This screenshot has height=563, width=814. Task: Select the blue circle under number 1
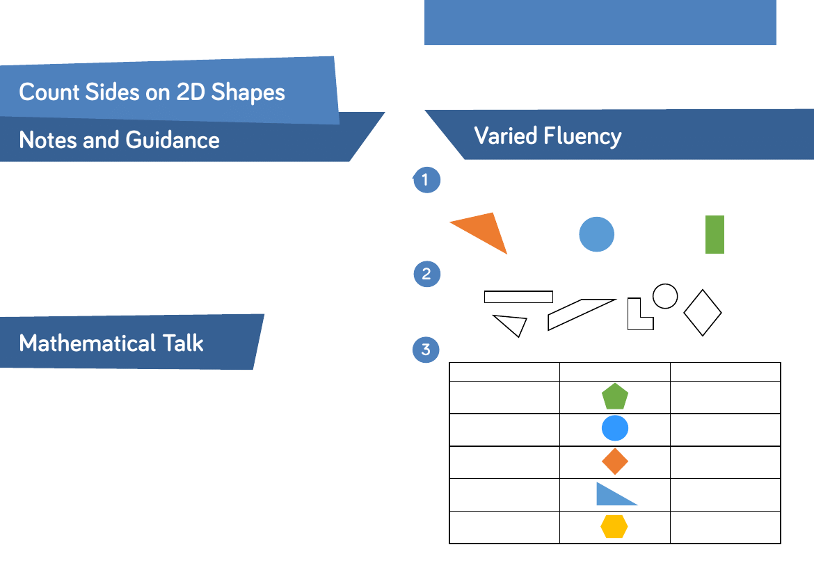click(x=597, y=234)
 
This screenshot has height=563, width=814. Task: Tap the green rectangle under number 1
click(x=715, y=234)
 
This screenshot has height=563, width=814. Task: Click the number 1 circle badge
click(x=426, y=181)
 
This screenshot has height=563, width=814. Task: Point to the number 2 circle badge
click(x=426, y=275)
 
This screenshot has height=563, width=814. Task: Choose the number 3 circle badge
click(x=426, y=350)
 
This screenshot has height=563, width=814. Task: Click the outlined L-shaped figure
click(x=636, y=318)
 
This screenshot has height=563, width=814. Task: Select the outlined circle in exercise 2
click(x=665, y=296)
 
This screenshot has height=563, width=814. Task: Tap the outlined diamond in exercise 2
click(x=703, y=313)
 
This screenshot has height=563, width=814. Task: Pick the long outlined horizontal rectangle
click(x=518, y=297)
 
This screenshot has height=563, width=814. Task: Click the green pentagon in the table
click(x=615, y=397)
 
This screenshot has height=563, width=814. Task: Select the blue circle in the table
click(x=615, y=429)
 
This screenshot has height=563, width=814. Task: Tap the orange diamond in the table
click(x=615, y=462)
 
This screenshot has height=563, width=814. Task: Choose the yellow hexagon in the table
click(x=614, y=527)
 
